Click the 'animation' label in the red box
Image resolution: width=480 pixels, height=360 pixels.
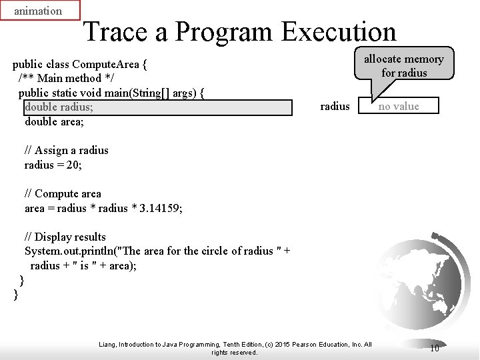coord(38,11)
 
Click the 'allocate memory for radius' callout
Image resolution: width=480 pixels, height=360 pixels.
coord(403,65)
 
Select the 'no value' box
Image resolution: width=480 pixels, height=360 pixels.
coord(399,106)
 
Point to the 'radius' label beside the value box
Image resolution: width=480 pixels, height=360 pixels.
coord(335,106)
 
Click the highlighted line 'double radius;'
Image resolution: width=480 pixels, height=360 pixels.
coord(59,107)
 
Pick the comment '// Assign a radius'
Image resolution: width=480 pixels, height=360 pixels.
coord(66,150)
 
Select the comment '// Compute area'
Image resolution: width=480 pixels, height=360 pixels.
coord(63,193)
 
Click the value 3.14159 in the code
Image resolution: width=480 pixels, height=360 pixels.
coord(159,208)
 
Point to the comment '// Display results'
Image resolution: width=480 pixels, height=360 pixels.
coord(65,237)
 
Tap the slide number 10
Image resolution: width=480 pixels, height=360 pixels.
coord(434,348)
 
